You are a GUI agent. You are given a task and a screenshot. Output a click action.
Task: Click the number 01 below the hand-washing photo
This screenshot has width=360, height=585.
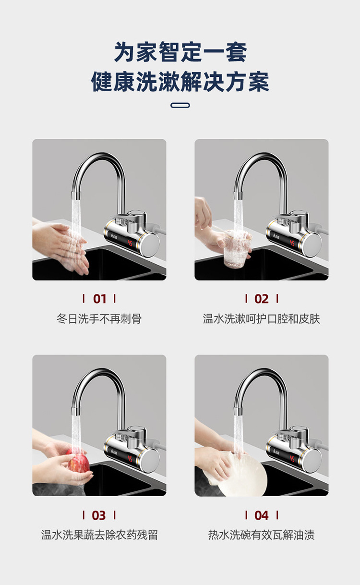(99, 299)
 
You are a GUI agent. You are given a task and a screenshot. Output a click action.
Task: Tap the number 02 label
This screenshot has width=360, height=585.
(261, 299)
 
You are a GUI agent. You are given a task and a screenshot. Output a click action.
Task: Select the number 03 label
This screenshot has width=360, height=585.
(99, 515)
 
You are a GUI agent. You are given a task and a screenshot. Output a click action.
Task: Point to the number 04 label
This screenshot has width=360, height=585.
(261, 515)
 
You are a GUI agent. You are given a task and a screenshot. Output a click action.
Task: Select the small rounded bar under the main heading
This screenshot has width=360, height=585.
(180, 105)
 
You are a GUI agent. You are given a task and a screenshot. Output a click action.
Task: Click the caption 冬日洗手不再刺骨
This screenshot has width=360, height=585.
(99, 318)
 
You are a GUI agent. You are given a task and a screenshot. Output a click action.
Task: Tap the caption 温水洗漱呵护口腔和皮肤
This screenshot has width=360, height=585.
(261, 318)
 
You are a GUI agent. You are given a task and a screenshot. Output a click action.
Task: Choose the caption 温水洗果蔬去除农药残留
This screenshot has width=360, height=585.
(99, 535)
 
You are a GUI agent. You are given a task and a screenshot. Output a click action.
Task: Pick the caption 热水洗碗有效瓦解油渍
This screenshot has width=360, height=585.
(261, 535)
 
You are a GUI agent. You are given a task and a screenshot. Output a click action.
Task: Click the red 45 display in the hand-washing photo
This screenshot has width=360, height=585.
(130, 244)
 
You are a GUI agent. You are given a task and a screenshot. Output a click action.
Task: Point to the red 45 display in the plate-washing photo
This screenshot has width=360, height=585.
(292, 459)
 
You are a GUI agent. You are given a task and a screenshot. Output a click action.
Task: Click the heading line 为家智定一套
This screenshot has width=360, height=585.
(180, 52)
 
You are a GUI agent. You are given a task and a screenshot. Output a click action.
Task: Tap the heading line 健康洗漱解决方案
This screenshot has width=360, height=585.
(180, 82)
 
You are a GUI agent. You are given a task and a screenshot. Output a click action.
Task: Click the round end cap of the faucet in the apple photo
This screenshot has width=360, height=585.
(149, 461)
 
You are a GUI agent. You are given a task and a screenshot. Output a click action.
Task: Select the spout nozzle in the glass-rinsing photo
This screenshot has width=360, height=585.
(238, 195)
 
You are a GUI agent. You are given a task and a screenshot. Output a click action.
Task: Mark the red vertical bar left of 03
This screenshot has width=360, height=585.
(84, 515)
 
